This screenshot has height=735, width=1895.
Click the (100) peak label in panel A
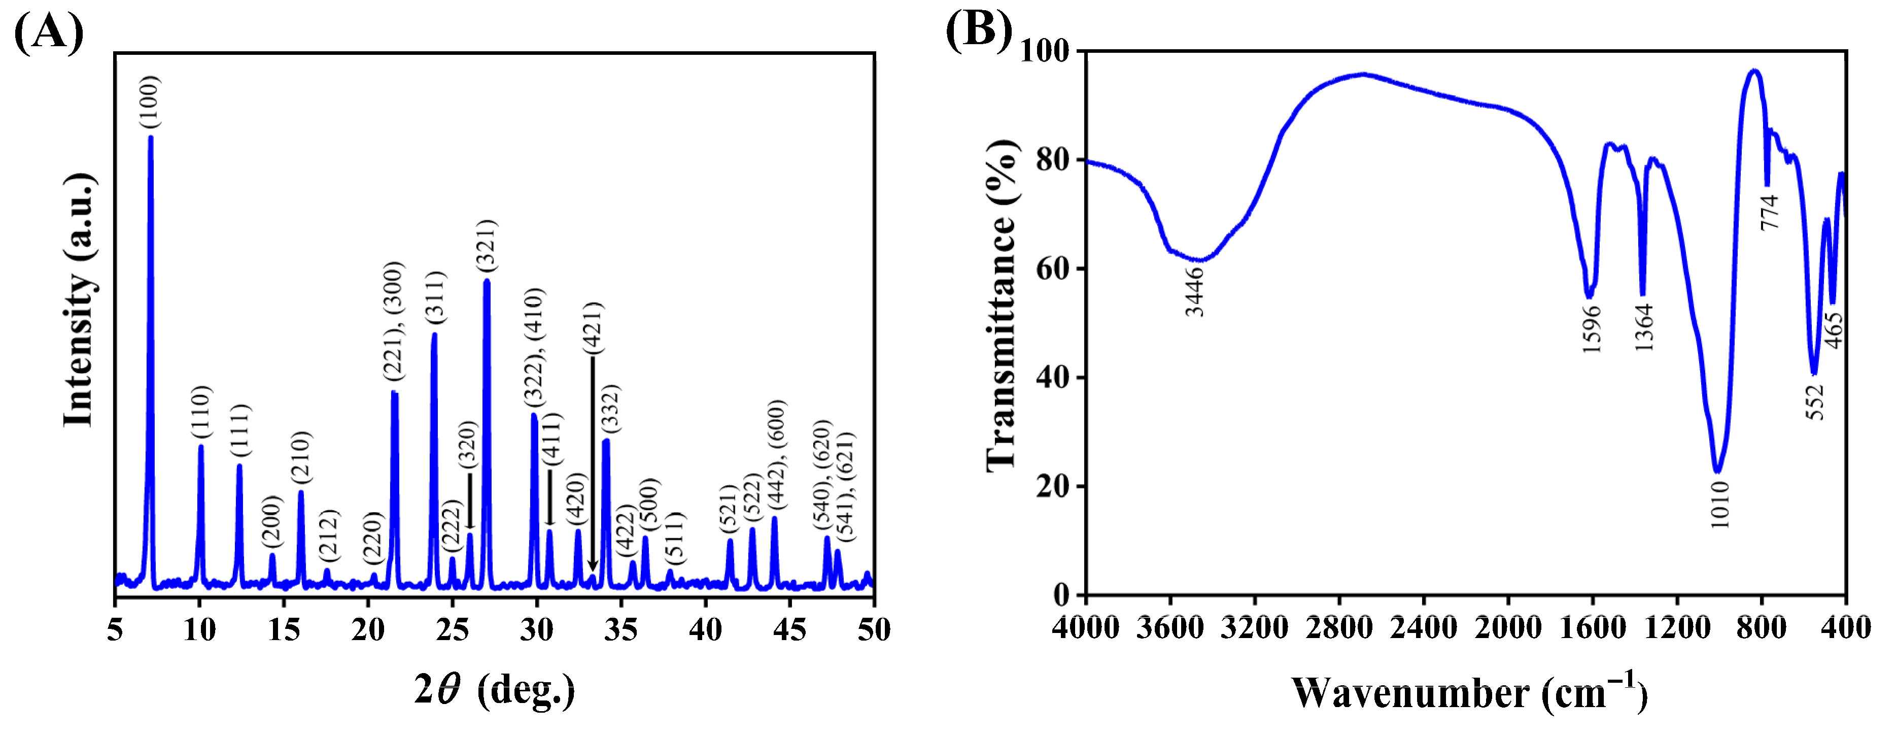(x=149, y=102)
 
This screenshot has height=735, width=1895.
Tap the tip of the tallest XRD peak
(x=151, y=138)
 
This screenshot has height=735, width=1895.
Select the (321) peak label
(x=486, y=245)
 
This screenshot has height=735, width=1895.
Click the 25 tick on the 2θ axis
(x=452, y=630)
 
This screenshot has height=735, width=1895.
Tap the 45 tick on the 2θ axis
(x=789, y=630)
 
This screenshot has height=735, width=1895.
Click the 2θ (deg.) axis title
(x=494, y=690)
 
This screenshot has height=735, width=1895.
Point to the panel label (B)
(x=978, y=30)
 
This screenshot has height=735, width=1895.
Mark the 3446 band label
(x=1195, y=292)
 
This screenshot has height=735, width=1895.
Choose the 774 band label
(x=1769, y=212)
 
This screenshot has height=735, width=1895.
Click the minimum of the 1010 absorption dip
(x=1717, y=471)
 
